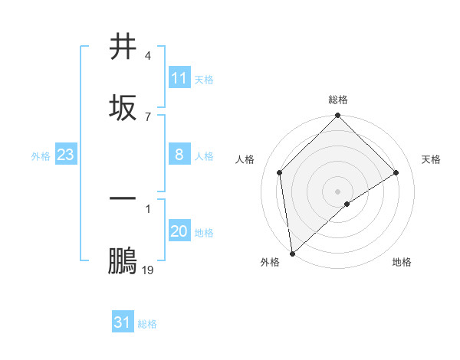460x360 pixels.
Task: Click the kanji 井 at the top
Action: [123, 47]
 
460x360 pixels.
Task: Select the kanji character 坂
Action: [123, 107]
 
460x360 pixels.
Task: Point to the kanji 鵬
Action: [123, 260]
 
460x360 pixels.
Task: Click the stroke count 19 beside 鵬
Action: [148, 270]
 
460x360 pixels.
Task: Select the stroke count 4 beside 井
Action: [148, 57]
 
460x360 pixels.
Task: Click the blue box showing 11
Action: [179, 78]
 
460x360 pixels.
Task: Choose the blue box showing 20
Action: [179, 231]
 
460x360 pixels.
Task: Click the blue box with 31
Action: [123, 323]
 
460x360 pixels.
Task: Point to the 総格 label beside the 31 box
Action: [147, 324]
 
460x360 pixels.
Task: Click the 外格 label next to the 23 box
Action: [41, 156]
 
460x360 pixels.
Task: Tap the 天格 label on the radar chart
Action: [431, 159]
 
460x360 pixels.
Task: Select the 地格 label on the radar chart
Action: [402, 262]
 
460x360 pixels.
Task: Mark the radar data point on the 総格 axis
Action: [337, 116]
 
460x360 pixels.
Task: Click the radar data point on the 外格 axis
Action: [292, 254]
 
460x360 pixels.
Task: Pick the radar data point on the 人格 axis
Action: [280, 172]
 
